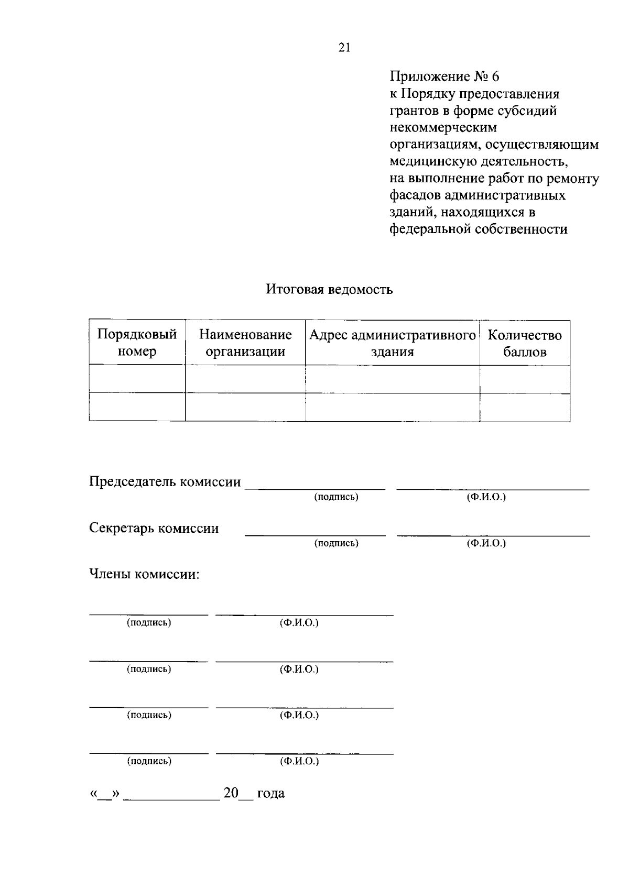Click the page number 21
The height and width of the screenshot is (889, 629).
click(x=344, y=48)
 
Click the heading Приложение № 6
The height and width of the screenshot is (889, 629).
click(x=444, y=76)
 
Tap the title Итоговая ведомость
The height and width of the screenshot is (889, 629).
click(x=329, y=289)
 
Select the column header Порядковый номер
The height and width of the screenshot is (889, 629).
click(x=137, y=343)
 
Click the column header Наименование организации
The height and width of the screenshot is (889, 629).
click(x=245, y=343)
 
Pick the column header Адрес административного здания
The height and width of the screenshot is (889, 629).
click(x=392, y=343)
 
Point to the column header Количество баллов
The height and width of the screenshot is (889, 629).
click(x=525, y=343)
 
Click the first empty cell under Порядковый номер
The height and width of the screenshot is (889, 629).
click(x=137, y=379)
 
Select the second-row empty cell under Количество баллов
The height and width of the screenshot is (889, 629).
click(x=525, y=407)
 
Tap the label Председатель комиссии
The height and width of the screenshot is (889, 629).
click(x=165, y=481)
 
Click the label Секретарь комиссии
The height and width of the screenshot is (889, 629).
click(x=154, y=528)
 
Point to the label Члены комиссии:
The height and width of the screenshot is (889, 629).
click(x=144, y=574)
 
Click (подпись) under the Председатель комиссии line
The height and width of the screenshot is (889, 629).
click(x=336, y=497)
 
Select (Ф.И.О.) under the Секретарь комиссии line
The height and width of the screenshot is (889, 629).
click(x=486, y=543)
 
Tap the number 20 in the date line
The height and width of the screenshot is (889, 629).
click(x=231, y=793)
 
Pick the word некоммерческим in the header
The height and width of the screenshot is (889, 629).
click(x=443, y=127)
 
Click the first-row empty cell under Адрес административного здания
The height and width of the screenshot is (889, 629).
click(x=392, y=379)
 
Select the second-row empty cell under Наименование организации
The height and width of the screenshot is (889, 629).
click(x=245, y=407)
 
